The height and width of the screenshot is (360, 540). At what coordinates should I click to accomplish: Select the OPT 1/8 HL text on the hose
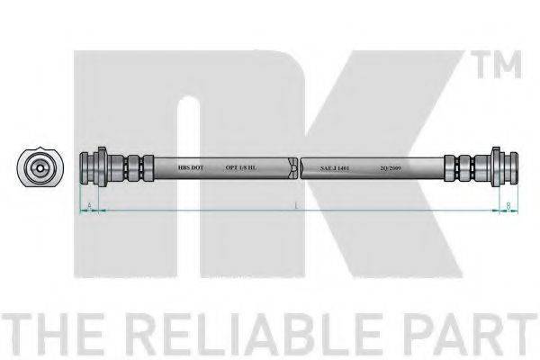[x=241, y=168]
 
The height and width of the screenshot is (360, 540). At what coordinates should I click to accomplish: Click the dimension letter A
[x=90, y=206]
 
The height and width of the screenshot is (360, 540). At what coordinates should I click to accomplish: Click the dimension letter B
[x=508, y=206]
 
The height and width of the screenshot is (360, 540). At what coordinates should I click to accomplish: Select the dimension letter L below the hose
[x=297, y=206]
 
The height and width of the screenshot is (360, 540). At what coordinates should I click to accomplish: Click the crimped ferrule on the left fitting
[x=134, y=168]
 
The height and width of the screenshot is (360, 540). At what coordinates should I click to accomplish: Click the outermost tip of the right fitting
[x=516, y=168]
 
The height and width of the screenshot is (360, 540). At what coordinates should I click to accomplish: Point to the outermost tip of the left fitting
[x=83, y=168]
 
